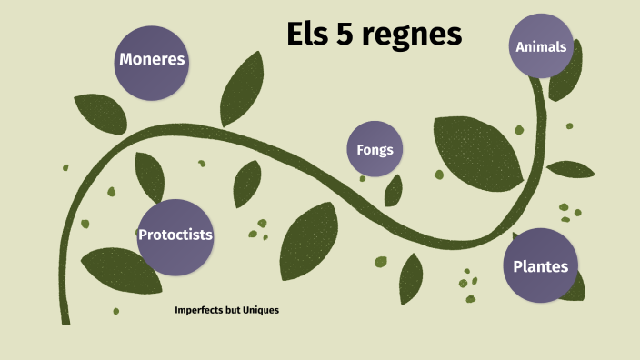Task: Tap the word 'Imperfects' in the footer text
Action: click(200, 310)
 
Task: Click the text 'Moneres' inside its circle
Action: click(152, 60)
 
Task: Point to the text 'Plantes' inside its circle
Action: click(540, 266)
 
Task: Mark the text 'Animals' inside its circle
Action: click(541, 46)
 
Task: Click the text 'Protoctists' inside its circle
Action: click(175, 235)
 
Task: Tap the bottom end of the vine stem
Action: click(65, 318)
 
